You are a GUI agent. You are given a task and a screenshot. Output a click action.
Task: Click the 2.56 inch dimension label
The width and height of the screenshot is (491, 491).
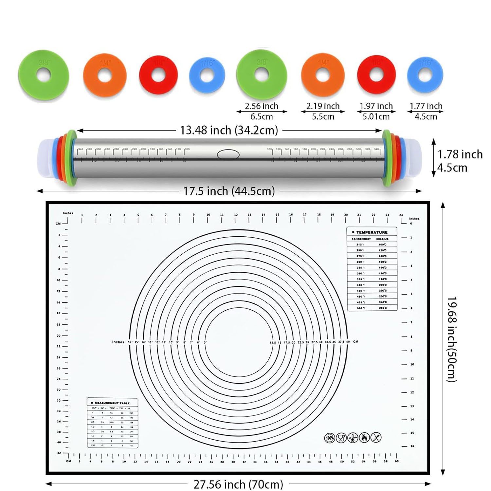261,106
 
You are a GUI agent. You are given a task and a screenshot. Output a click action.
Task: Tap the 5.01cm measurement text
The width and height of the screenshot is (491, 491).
376,117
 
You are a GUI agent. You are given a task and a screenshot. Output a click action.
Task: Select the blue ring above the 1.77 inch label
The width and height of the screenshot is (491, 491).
425,75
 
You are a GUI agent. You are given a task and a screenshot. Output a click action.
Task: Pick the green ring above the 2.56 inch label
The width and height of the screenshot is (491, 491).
262,75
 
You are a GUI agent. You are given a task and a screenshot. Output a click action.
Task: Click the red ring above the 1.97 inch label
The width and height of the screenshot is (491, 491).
376,75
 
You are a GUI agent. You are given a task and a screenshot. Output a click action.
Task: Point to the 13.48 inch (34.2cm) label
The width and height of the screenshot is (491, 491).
229,130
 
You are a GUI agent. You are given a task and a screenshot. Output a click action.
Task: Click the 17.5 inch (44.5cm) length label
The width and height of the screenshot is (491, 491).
229,191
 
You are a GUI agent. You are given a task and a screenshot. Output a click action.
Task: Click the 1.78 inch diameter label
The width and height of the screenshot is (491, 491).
460,155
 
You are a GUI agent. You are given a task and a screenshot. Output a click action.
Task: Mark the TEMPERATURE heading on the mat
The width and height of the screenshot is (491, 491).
372,232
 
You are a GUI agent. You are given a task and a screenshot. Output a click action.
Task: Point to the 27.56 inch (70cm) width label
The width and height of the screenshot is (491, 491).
238,484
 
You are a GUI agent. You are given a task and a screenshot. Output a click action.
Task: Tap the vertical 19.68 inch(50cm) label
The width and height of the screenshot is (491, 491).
452,339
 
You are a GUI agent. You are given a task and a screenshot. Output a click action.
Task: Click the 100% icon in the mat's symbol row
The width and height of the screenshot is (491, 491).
329,438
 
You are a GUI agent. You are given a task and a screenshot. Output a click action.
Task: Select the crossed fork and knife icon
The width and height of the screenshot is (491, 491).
376,438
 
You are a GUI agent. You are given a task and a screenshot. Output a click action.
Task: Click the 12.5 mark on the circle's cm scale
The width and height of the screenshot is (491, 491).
273,342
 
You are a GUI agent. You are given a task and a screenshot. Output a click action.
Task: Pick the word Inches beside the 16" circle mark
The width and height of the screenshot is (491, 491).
118,342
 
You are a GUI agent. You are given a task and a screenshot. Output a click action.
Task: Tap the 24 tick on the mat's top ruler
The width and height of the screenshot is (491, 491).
401,215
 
